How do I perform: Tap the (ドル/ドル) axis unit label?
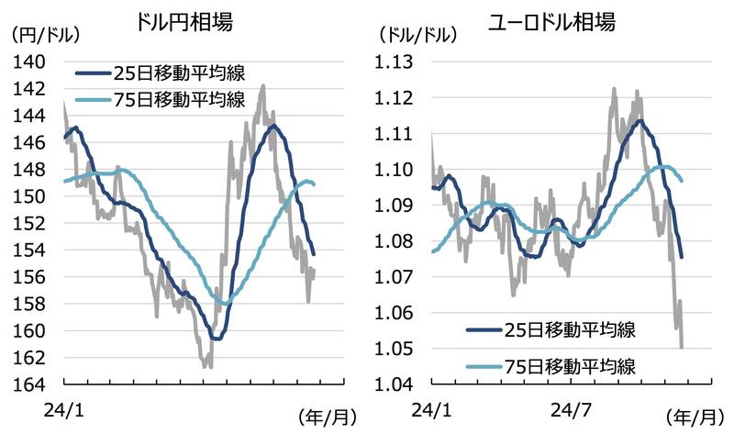[416, 35]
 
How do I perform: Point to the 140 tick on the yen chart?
[32, 61]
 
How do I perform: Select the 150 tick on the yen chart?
[32, 196]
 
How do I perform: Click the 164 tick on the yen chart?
[32, 384]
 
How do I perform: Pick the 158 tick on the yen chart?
[32, 303]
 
